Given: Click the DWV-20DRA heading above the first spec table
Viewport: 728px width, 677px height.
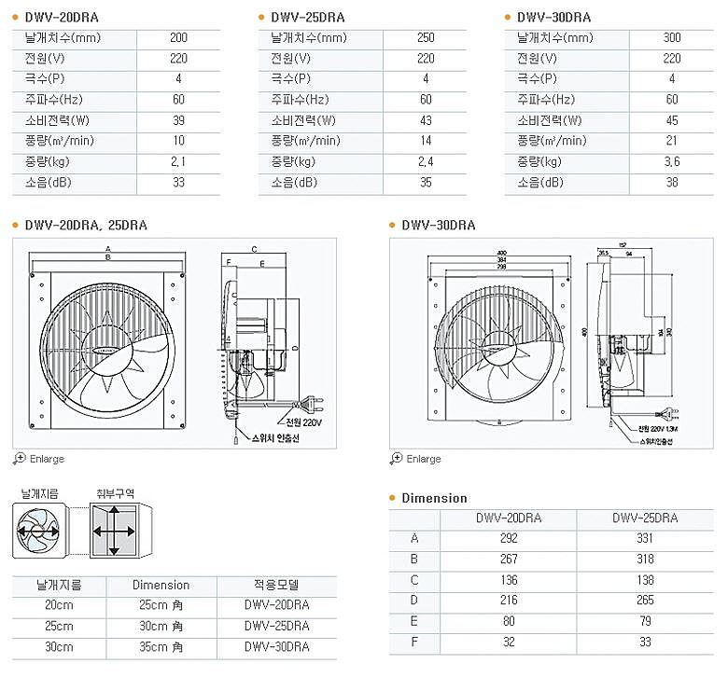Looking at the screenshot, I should click(60, 17).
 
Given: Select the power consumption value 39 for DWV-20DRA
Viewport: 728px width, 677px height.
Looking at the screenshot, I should click(178, 120).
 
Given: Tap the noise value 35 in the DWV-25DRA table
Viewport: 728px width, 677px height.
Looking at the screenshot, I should click(426, 183).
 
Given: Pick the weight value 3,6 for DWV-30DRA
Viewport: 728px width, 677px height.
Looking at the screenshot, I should click(671, 161).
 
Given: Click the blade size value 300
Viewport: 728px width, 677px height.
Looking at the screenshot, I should click(671, 38).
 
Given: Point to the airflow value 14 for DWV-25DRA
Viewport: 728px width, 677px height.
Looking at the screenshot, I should click(426, 141).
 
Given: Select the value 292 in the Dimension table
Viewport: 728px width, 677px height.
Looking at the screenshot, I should click(509, 538).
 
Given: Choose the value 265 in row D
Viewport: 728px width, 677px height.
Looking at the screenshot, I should click(645, 600).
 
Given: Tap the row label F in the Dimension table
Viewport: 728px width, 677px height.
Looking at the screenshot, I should click(414, 642).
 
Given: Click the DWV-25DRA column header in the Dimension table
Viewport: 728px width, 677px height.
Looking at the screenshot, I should click(645, 518).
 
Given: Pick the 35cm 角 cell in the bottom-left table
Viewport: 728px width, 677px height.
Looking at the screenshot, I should click(161, 646).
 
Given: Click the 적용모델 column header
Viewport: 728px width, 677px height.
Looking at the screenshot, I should click(276, 585).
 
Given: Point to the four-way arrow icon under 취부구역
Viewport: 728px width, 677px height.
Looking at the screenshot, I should click(114, 531).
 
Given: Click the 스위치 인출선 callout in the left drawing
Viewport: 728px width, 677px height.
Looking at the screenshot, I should click(276, 435).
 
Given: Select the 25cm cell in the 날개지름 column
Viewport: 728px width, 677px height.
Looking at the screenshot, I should click(58, 626).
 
